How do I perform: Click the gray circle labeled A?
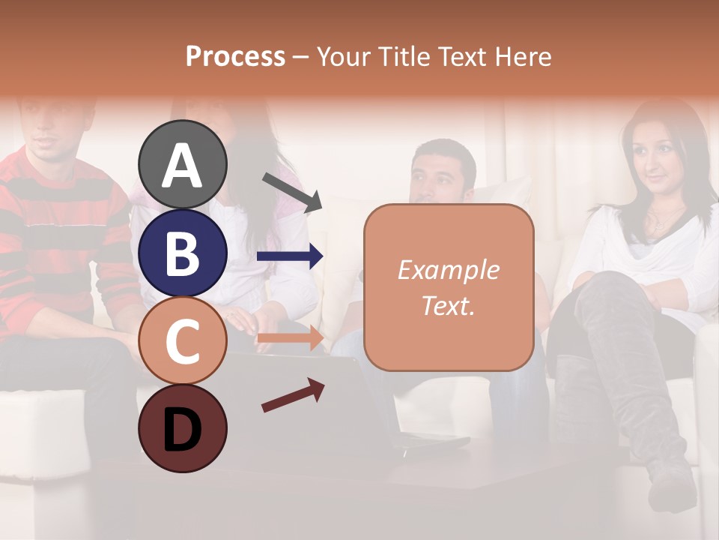coord(183,164)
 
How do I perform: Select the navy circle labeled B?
coord(183,253)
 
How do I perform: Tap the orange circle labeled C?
coord(183,340)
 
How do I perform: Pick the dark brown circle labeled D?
coord(183,428)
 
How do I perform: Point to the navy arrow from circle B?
coord(290,256)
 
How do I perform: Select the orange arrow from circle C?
coord(290,338)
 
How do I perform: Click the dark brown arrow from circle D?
coord(293,395)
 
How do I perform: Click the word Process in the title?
coord(235,56)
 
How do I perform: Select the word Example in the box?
coord(448,270)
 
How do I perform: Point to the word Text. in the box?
coord(448,305)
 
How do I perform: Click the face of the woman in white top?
coord(656,157)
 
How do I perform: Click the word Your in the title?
coord(343,56)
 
